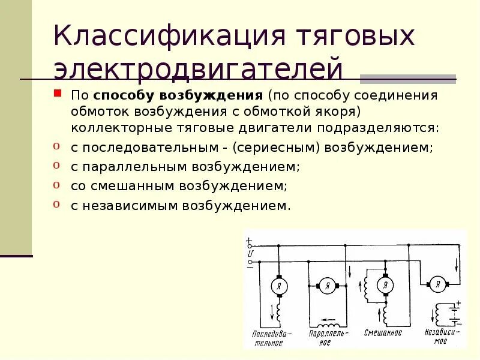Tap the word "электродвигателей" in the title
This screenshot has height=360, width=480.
coord(198,68)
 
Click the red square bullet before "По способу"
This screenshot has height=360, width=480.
coord(58,94)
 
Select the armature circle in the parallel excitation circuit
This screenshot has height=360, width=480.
coord(327,286)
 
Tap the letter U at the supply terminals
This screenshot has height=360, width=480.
coord(250,254)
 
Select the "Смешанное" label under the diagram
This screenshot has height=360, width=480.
coord(383,332)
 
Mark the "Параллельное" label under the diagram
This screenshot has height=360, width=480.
coord(326,338)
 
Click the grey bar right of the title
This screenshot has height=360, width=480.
coord(408,79)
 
